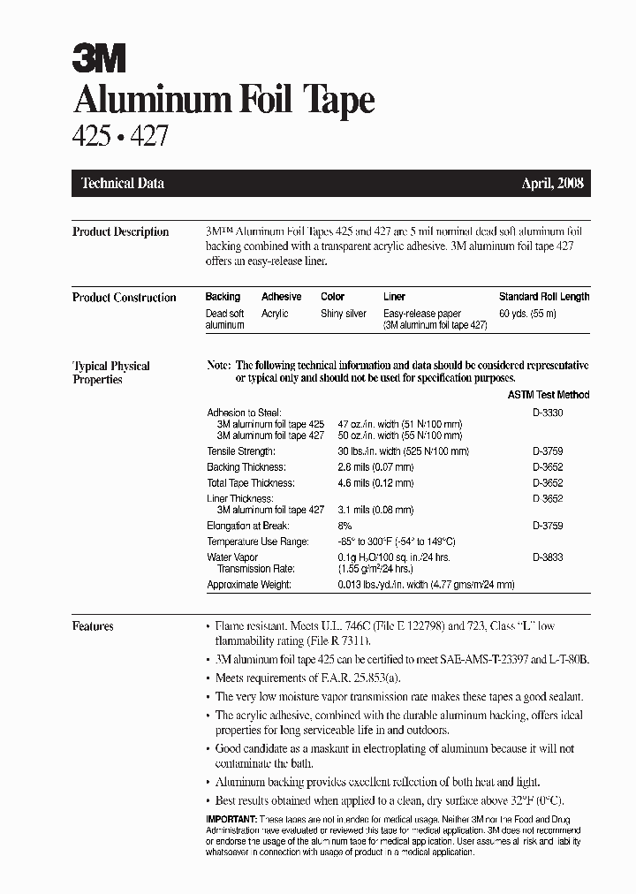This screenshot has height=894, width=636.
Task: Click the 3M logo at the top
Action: click(x=99, y=60)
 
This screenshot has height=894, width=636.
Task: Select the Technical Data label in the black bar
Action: click(x=123, y=184)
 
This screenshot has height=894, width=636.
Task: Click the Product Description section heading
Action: click(x=120, y=232)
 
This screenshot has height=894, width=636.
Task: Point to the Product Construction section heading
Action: click(x=124, y=298)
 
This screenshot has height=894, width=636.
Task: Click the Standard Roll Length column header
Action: click(x=543, y=297)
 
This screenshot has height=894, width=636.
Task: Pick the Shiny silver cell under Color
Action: click(x=344, y=314)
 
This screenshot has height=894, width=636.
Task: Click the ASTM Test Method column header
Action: click(x=549, y=395)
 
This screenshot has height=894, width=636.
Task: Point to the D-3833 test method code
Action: click(x=548, y=557)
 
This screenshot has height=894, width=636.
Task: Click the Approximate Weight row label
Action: click(x=248, y=585)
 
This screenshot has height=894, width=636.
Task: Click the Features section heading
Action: click(x=93, y=626)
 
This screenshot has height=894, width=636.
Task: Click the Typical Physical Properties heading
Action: click(x=110, y=373)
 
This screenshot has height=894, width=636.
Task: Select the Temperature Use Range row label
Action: click(x=257, y=541)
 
